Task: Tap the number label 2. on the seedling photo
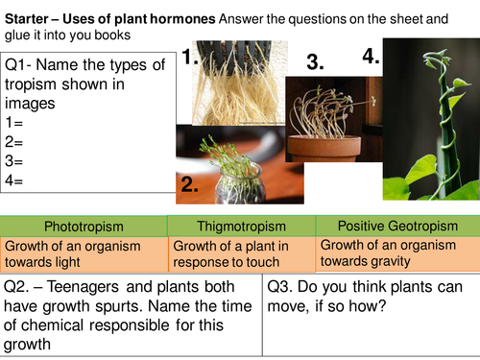click(189, 183)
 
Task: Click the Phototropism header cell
click(84, 226)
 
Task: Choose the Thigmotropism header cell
click(241, 226)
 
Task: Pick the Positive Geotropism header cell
click(396, 226)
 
